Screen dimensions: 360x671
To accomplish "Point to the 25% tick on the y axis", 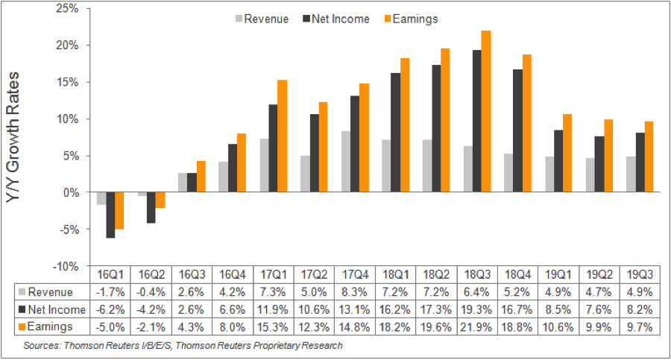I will coord(77,8).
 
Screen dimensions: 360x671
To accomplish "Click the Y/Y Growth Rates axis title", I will coord(16,137).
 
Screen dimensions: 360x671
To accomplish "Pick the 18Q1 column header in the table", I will coord(394,274).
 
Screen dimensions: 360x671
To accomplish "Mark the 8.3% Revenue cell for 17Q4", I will coord(354,291).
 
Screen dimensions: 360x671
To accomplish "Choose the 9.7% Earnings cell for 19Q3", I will coord(638,327).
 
